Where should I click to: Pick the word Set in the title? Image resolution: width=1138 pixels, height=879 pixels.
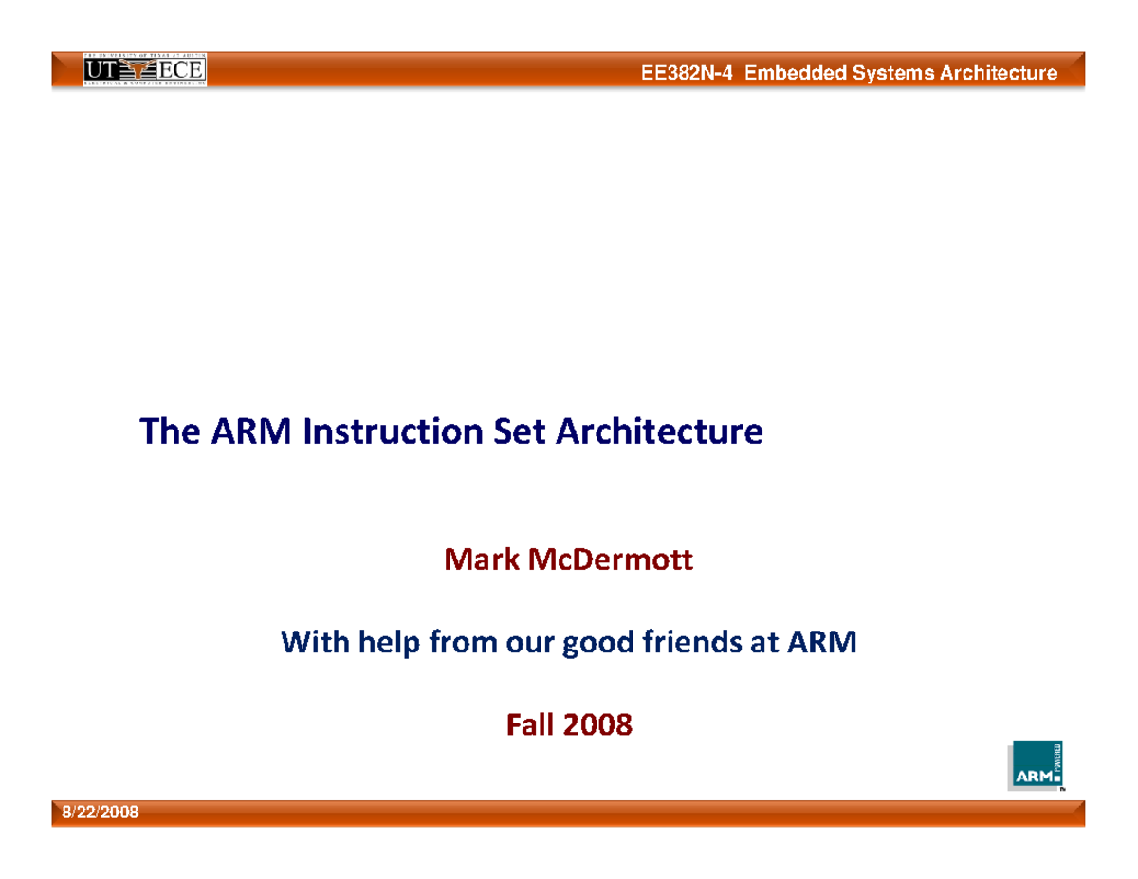point(520,431)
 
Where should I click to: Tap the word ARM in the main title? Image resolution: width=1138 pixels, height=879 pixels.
point(258,431)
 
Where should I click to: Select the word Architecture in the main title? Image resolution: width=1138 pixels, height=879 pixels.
point(658,431)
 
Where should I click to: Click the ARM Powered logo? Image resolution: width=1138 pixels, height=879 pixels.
point(1035,764)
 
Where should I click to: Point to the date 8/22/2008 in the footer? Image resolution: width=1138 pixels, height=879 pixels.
point(100,813)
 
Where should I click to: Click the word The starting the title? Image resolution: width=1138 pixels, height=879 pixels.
point(171,431)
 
